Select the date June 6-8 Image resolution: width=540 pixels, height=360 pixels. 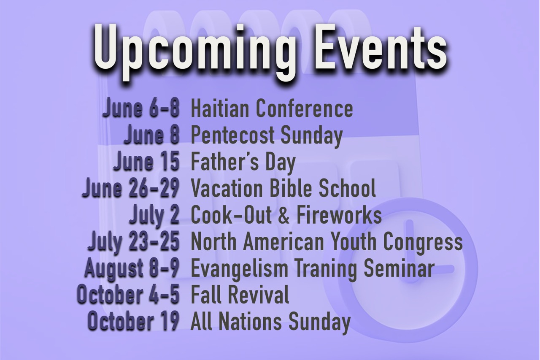pyautogui.click(x=141, y=108)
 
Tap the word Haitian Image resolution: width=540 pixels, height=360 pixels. pyautogui.click(x=219, y=108)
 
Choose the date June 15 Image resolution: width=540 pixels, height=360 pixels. pyautogui.click(x=146, y=161)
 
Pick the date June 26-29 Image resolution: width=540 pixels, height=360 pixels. pyautogui.click(x=131, y=188)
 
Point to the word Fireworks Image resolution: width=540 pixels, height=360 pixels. pyautogui.click(x=339, y=214)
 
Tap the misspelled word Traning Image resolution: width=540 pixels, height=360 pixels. pyautogui.click(x=326, y=269)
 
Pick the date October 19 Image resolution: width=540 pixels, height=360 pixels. pyautogui.click(x=134, y=321)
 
